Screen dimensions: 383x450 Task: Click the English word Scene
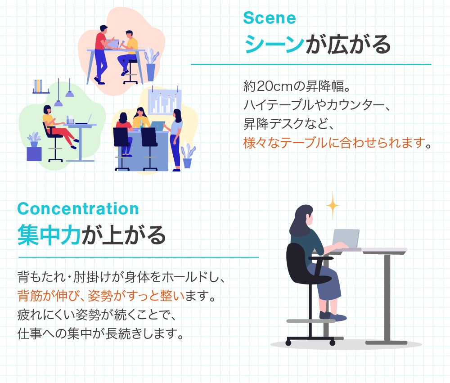pos(269,18)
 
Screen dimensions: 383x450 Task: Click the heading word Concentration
pos(78,209)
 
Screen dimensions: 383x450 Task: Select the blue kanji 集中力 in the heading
pos(49,235)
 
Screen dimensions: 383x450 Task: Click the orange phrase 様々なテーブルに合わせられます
pos(333,144)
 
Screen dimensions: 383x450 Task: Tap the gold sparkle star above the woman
pos(333,205)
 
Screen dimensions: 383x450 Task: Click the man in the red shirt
pos(101,52)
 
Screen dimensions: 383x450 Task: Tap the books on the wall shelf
pos(39,86)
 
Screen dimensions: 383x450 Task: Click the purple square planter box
pos(34,154)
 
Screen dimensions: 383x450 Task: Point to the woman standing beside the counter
pos(176,137)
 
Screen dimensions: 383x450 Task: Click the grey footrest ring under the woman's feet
pos(310,321)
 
